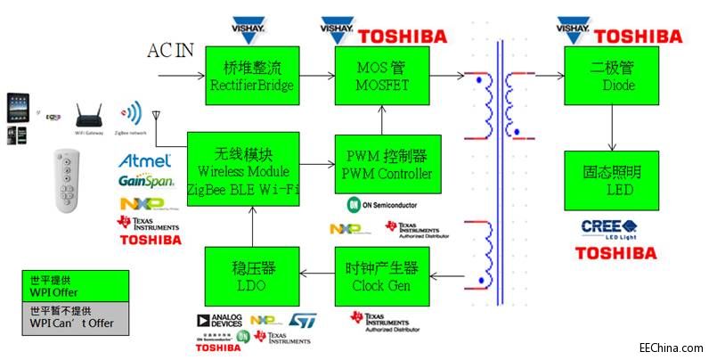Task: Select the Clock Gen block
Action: coord(381,276)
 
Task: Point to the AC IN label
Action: coord(170,50)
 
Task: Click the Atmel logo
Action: coord(144,161)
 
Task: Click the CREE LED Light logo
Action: coord(607,227)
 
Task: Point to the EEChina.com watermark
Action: coord(670,348)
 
